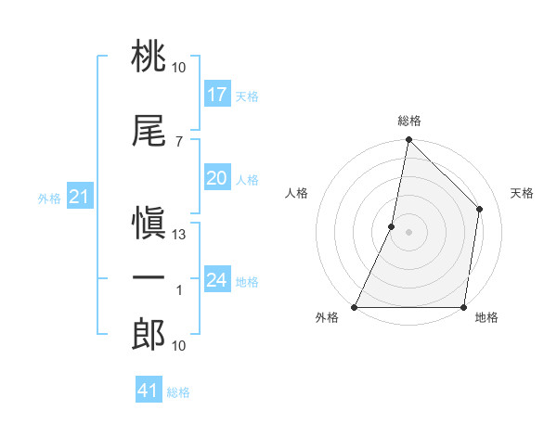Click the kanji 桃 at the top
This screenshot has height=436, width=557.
(149, 58)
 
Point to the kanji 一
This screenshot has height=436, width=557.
(149, 278)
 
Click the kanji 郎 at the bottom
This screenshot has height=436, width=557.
(149, 335)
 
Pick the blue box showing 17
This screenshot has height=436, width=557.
(217, 95)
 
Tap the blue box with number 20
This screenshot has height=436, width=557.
(217, 179)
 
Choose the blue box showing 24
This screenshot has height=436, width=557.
(217, 280)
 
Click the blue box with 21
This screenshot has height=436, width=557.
(79, 198)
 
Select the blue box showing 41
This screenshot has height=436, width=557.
(149, 391)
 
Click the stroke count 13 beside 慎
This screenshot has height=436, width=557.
(179, 235)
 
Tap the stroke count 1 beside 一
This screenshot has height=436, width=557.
(179, 290)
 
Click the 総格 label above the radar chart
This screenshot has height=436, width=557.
(409, 121)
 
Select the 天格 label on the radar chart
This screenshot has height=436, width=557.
(522, 194)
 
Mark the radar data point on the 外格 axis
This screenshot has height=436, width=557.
(355, 307)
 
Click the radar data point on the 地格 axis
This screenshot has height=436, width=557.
(463, 307)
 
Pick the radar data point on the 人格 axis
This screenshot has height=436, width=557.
(392, 226)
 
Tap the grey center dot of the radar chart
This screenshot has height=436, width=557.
(408, 232)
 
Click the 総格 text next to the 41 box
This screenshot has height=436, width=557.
(178, 392)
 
